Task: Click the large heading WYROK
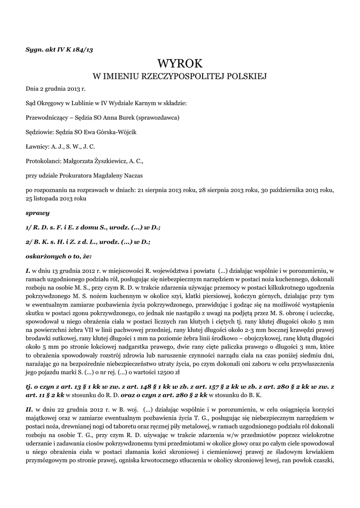(180, 63)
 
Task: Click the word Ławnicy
(37, 146)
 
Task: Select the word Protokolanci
(43, 161)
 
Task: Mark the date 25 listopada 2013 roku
(56, 198)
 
